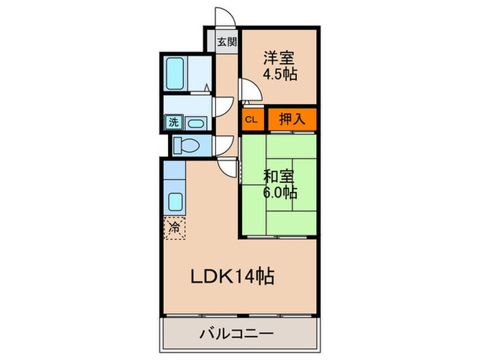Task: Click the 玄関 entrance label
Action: (x=227, y=41)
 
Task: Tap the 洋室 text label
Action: (x=279, y=58)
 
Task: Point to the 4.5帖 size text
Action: (x=280, y=74)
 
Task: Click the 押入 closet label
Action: (x=292, y=119)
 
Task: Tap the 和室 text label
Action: (x=279, y=177)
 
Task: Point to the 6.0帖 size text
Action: (x=280, y=193)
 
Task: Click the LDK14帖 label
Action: (x=232, y=276)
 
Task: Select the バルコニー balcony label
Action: (x=237, y=333)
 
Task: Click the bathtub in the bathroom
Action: (x=175, y=74)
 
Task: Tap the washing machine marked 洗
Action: (x=174, y=123)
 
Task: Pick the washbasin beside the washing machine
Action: (x=196, y=123)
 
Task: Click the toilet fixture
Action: (x=186, y=145)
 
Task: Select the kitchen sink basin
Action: (x=175, y=202)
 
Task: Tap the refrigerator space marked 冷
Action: (x=174, y=228)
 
